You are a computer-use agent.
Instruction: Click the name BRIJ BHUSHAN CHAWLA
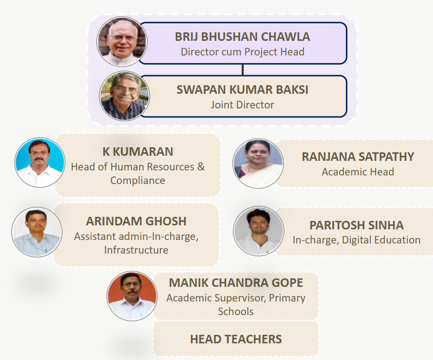click(242, 37)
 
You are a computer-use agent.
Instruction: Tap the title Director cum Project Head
click(242, 52)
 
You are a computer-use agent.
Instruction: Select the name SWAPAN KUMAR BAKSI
click(242, 90)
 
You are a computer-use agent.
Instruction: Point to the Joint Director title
click(242, 105)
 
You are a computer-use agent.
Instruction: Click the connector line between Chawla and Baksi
click(243, 70)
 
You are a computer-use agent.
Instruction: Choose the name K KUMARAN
click(138, 152)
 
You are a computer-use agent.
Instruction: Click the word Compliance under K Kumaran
click(138, 181)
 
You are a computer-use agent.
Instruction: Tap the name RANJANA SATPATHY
click(358, 157)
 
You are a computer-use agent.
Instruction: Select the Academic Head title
click(358, 172)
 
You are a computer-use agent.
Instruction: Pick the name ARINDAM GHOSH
click(136, 221)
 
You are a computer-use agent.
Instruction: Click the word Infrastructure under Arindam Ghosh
click(136, 250)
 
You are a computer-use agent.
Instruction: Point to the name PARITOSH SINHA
click(356, 225)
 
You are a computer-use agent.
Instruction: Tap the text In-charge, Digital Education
click(356, 240)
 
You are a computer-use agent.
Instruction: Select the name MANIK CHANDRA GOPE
click(236, 283)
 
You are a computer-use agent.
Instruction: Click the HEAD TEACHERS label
click(236, 339)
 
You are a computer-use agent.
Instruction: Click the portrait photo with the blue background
click(40, 162)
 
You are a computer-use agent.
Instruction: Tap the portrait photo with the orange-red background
click(132, 296)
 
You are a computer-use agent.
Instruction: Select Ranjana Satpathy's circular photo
click(258, 163)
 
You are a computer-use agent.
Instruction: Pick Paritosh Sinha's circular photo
click(259, 231)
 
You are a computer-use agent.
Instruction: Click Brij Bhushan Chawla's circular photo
click(122, 41)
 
